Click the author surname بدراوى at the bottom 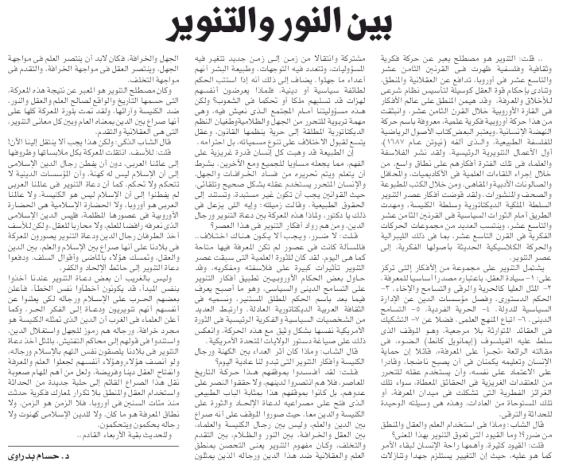pos(26,456)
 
